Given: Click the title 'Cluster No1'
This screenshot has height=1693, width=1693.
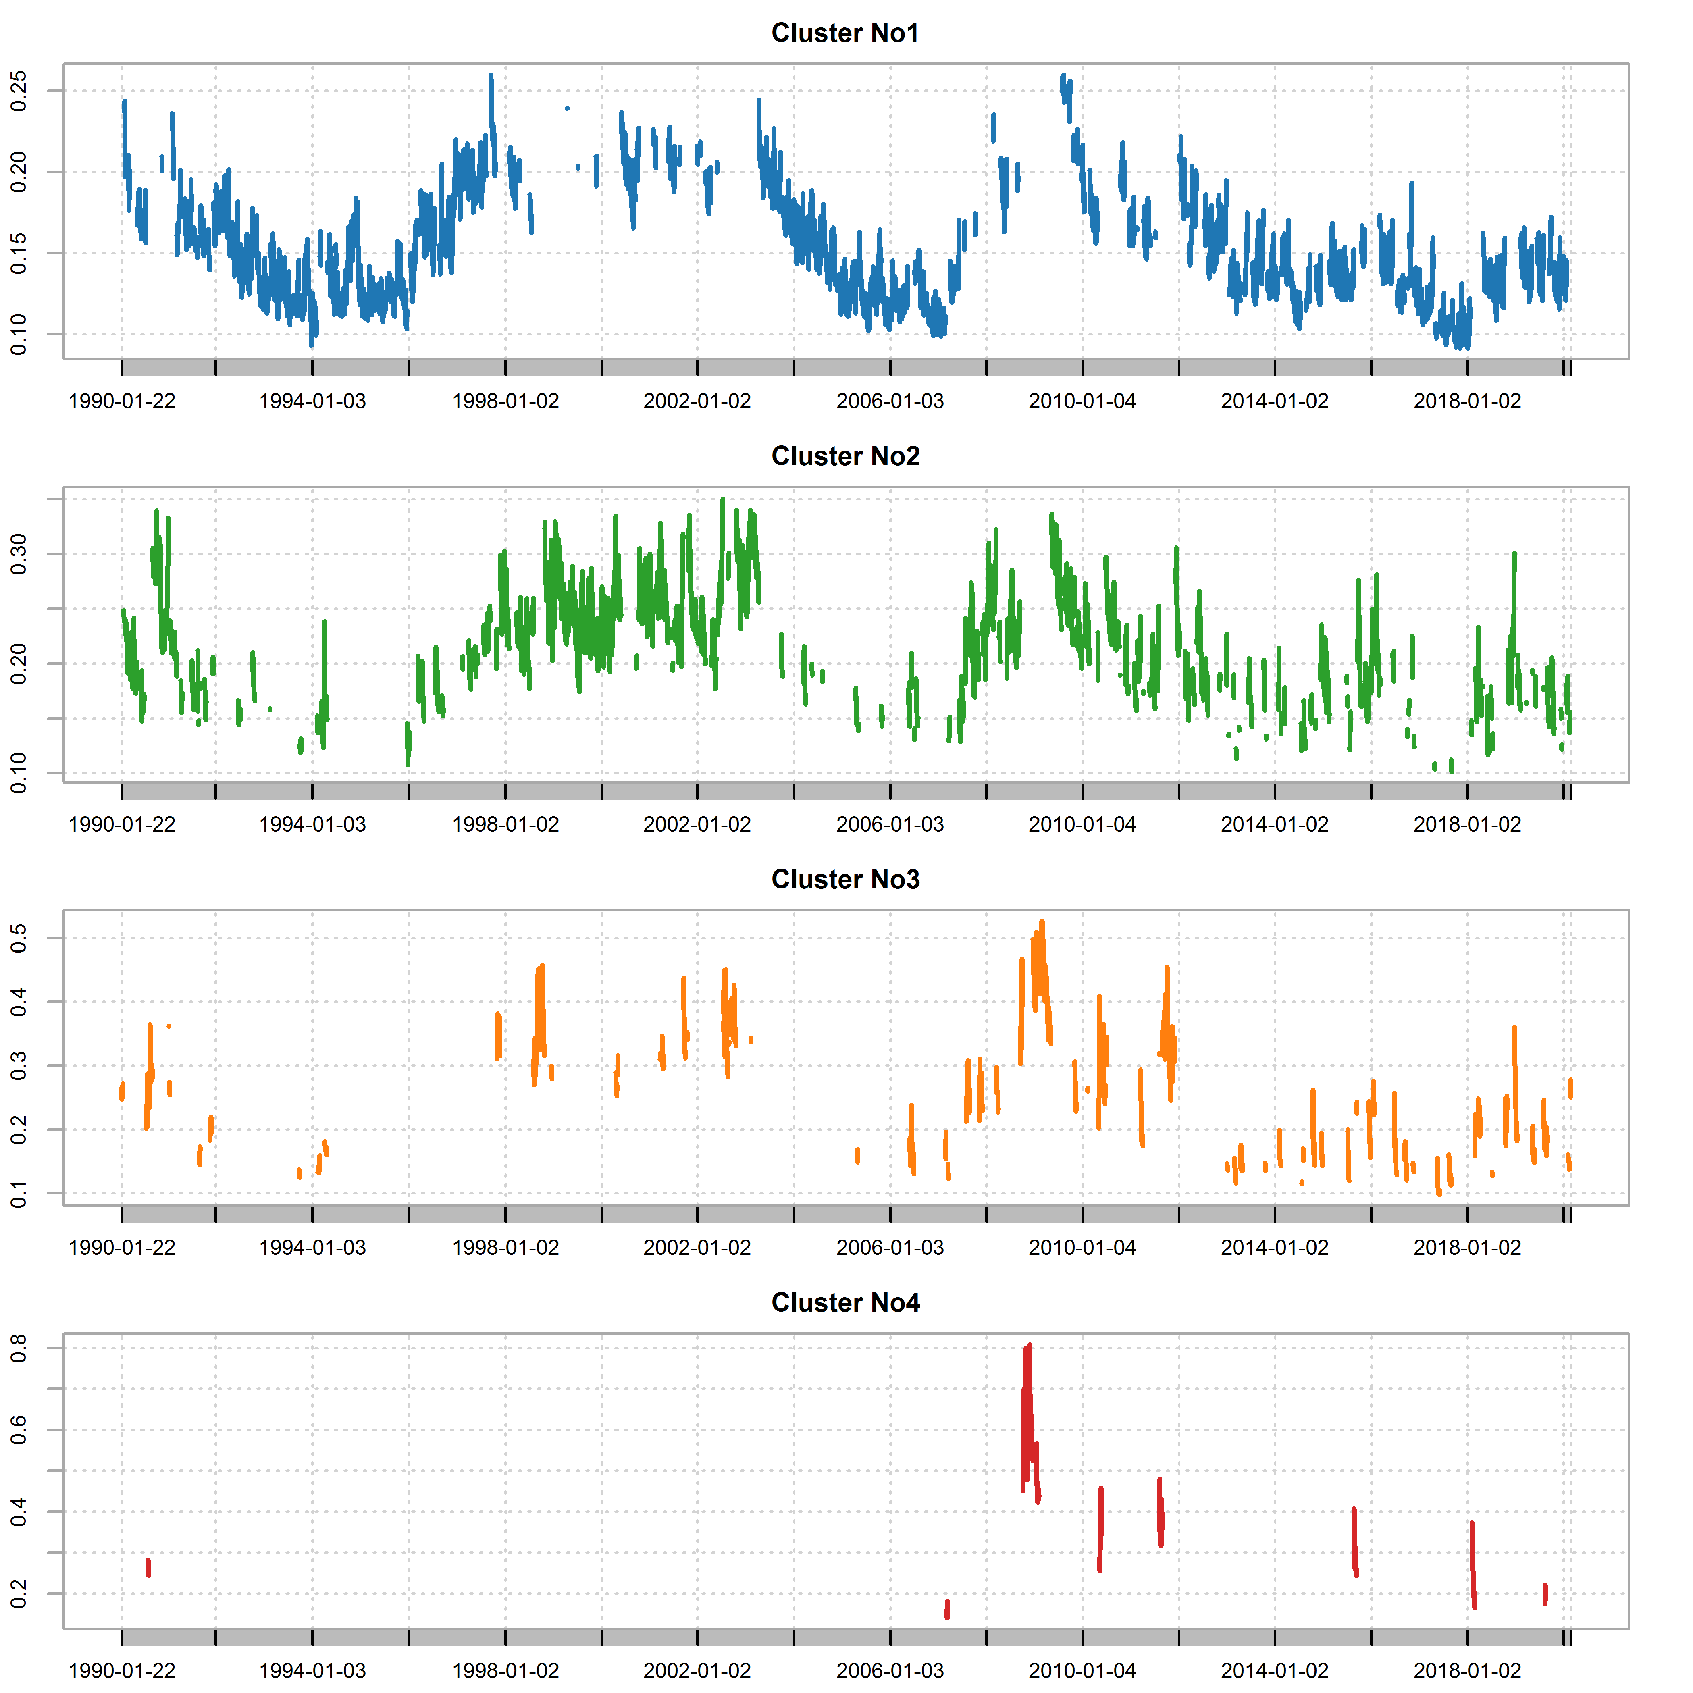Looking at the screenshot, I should tap(845, 33).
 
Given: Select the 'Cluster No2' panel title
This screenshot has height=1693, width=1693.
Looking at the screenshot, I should tap(845, 457).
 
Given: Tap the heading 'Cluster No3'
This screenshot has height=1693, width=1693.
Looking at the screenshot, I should tap(845, 880).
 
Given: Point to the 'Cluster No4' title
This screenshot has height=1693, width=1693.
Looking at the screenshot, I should tap(845, 1303).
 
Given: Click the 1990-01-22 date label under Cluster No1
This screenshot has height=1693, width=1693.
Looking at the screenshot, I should tap(122, 401).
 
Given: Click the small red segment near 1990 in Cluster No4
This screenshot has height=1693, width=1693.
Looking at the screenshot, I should tap(148, 1567).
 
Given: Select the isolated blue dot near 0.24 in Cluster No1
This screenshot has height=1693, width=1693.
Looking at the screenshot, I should tap(567, 109).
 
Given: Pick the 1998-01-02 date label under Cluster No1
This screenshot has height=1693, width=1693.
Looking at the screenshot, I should tap(505, 401).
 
